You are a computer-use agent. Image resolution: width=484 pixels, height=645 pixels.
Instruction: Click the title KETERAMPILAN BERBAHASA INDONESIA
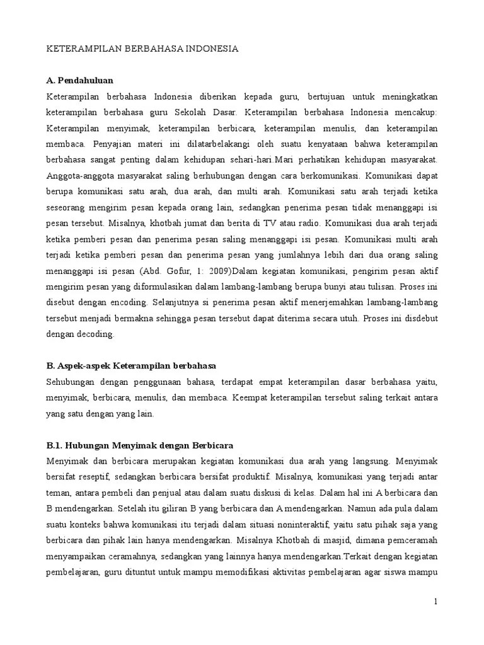point(142,49)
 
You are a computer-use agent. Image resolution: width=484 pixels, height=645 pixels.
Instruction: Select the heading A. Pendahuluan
point(80,81)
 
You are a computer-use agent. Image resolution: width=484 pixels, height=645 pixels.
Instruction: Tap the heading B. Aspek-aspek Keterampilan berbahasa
point(131,365)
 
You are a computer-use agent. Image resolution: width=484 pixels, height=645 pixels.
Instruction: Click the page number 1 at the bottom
point(435,602)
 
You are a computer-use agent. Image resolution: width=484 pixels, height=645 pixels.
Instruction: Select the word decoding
point(96,334)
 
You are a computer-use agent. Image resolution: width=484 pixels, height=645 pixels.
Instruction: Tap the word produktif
point(247,477)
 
